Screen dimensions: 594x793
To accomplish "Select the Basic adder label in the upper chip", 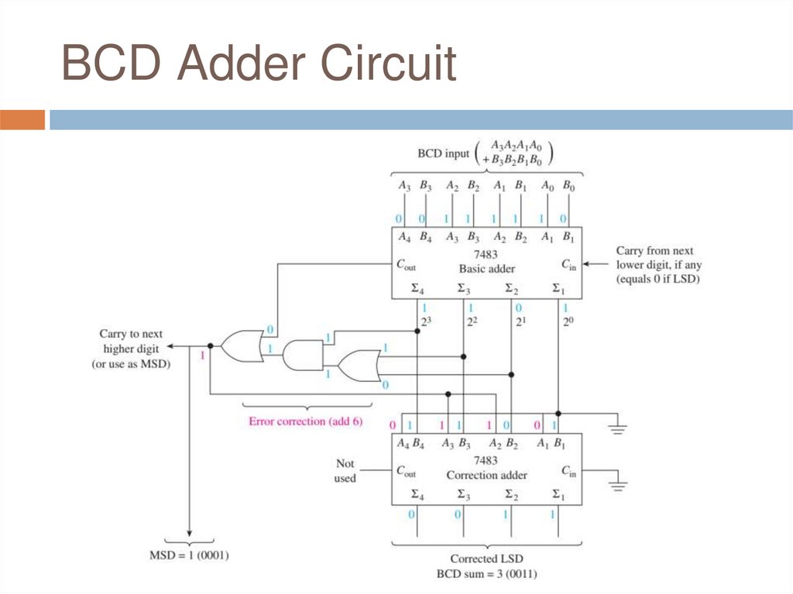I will coord(486,269).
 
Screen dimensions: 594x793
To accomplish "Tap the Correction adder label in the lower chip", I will coord(486,475).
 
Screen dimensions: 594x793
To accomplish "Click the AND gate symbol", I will coord(303,355).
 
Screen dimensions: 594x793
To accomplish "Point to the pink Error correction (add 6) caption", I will coord(306,422).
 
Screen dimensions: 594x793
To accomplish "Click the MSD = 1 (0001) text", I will coord(189,555).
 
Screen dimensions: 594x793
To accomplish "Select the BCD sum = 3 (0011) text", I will coord(486,574).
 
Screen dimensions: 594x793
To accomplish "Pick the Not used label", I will coord(345,471).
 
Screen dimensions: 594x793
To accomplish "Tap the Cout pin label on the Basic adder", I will coord(407,264).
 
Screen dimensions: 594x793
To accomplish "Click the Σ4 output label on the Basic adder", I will coord(418,290).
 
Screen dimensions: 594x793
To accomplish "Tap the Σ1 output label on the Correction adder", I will coord(558,495).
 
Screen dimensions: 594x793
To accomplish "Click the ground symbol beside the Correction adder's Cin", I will coord(617,484).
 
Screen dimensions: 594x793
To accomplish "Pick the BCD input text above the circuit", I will coord(443,153).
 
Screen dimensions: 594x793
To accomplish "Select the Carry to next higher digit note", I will coord(131,349).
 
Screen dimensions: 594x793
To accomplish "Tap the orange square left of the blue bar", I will coord(22,120).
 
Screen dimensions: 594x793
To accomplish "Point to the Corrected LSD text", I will coord(486,558).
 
